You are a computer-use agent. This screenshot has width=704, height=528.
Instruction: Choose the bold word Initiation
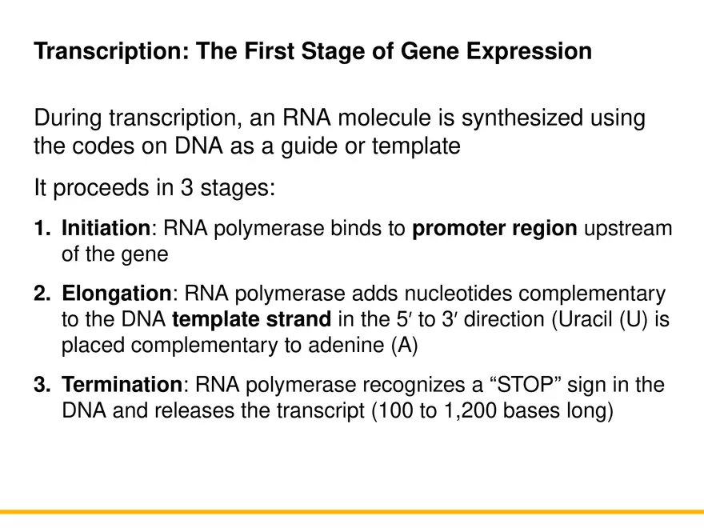(x=106, y=230)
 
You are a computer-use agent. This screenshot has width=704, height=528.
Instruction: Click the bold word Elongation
(x=117, y=294)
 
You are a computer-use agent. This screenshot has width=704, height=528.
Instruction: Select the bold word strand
(x=301, y=320)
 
